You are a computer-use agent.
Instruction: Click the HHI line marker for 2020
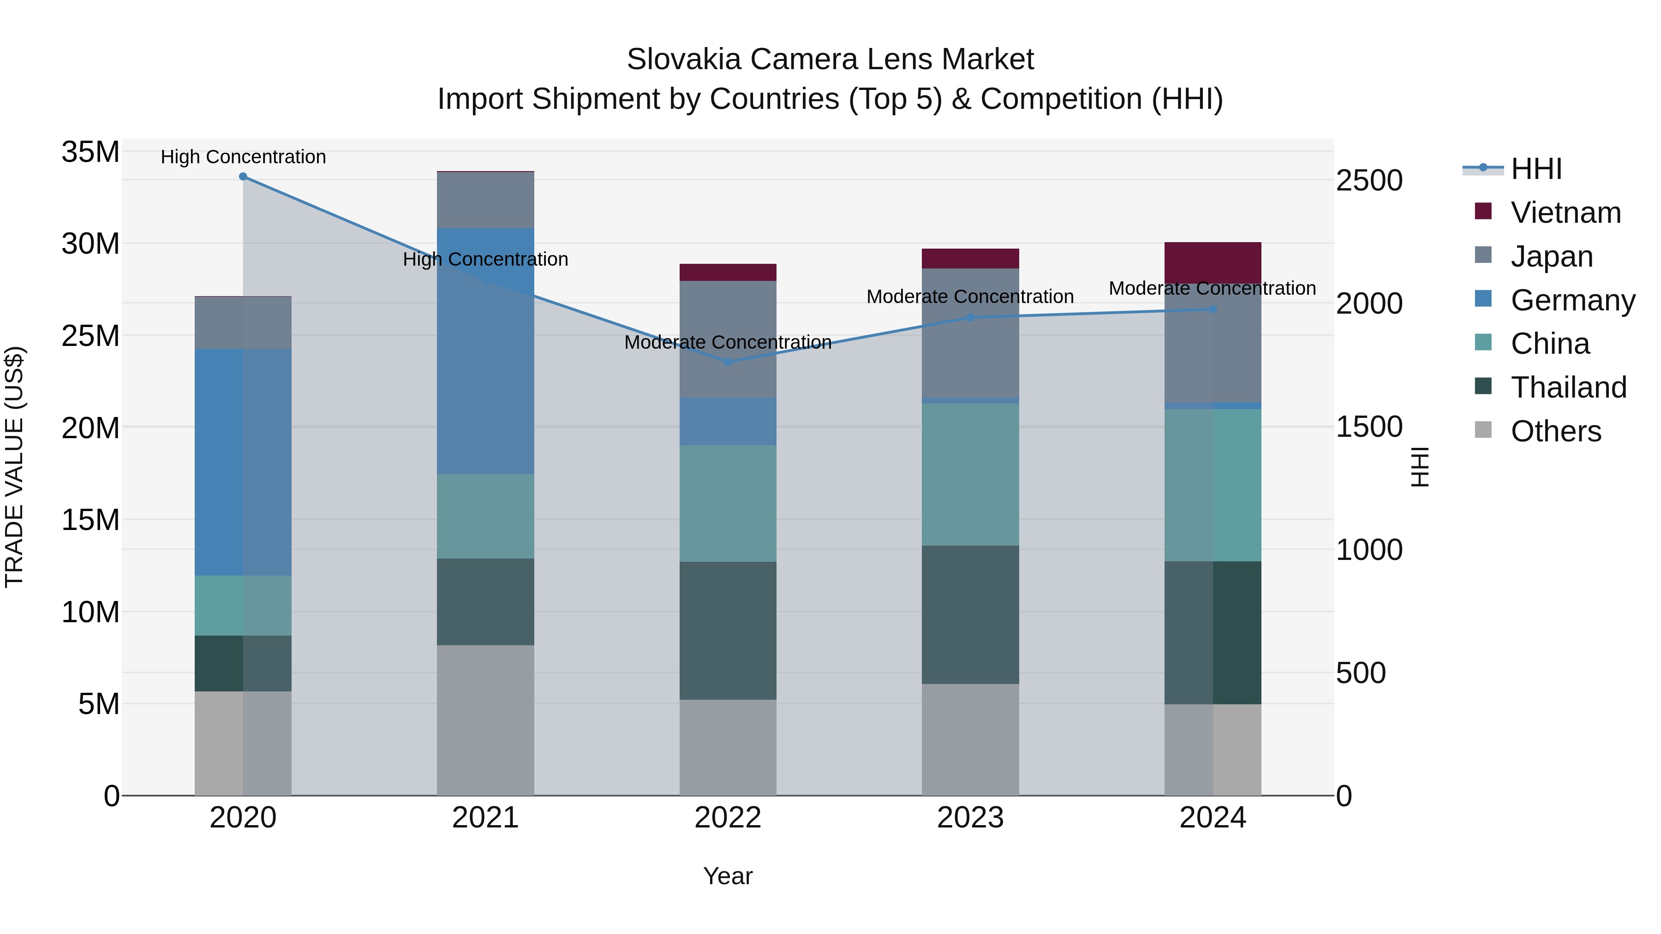tap(243, 177)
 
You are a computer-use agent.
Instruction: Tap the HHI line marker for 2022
tap(728, 362)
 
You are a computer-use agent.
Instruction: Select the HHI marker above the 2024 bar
tap(1213, 309)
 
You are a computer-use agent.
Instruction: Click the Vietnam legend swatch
tap(1483, 211)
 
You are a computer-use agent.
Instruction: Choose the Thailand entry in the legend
tap(1568, 387)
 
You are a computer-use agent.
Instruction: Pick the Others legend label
tap(1556, 431)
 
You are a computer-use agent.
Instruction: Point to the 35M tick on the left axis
tap(90, 153)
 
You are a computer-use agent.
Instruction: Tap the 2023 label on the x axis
tap(970, 818)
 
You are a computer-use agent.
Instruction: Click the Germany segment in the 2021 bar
tap(485, 351)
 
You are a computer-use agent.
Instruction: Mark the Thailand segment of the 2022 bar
tap(728, 631)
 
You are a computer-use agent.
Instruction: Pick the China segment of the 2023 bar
tap(970, 475)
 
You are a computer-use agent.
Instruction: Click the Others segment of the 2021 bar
tap(485, 720)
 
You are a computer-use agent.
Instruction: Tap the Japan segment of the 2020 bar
tap(243, 323)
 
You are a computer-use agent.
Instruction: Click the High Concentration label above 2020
tap(243, 157)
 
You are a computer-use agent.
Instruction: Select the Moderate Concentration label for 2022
tap(728, 342)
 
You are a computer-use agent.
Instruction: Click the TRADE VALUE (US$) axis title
tap(14, 467)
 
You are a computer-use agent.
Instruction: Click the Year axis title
tap(728, 876)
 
